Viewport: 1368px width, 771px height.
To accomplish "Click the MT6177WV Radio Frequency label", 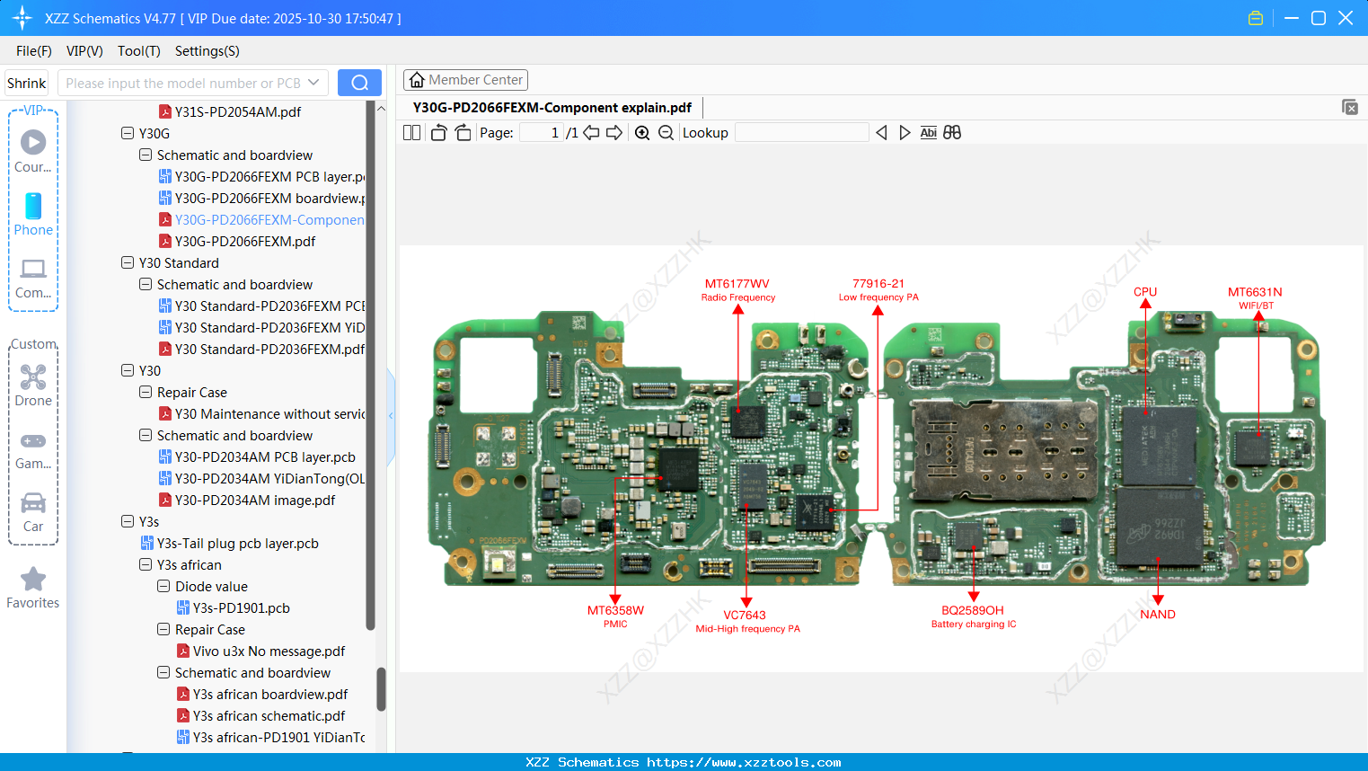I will pyautogui.click(x=737, y=289).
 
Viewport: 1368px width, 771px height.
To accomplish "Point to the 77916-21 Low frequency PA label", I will pyautogui.click(x=878, y=289).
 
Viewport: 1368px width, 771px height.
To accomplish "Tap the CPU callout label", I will pyautogui.click(x=1145, y=292).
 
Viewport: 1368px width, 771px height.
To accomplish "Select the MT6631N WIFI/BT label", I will pyautogui.click(x=1255, y=297).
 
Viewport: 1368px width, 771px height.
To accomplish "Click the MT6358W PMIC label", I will pyautogui.click(x=615, y=616).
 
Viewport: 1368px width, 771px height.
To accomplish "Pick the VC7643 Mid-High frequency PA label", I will pyautogui.click(x=746, y=621).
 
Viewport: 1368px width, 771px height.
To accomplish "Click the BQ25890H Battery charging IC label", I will pyautogui.click(x=973, y=616).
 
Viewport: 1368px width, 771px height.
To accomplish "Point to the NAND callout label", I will pyautogui.click(x=1158, y=615).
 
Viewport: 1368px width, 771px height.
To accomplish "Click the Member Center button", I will pyautogui.click(x=465, y=80).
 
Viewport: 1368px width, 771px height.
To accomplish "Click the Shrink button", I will pyautogui.click(x=27, y=84).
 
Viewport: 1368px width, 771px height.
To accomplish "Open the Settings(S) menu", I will pyautogui.click(x=207, y=51).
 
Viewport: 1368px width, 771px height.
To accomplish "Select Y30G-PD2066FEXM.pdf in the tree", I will pyautogui.click(x=244, y=242).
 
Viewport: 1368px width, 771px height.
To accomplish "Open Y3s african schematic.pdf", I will pyautogui.click(x=269, y=716).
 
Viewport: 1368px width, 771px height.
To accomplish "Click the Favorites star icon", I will pyautogui.click(x=33, y=580).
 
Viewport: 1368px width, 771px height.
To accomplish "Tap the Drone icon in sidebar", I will pyautogui.click(x=33, y=377).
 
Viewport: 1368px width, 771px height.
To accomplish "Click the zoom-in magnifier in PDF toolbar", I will pyautogui.click(x=642, y=133).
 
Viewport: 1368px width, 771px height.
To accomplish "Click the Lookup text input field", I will pyautogui.click(x=801, y=133).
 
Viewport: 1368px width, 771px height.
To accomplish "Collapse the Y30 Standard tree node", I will pyautogui.click(x=128, y=263).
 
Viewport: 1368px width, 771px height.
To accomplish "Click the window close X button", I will pyautogui.click(x=1346, y=18).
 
